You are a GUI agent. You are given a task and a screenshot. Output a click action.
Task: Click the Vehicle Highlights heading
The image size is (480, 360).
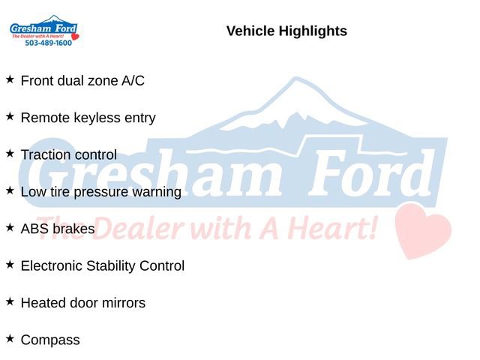pos(286,31)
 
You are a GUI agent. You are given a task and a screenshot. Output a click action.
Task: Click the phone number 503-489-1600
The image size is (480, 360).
pos(48,43)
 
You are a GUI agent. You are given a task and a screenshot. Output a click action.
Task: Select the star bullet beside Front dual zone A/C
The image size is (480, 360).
pos(10,79)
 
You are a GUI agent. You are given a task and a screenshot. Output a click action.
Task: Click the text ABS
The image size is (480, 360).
pos(34,229)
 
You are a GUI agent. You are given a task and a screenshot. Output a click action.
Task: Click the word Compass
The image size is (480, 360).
pos(50,340)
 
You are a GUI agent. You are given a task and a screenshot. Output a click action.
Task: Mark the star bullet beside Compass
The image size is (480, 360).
pos(10,338)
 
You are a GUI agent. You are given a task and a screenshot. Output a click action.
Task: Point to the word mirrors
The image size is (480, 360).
pos(123,303)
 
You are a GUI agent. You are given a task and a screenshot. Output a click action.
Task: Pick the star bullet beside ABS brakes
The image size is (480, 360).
pos(10,226)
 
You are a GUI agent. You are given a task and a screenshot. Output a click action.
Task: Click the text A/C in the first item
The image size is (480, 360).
pos(133,81)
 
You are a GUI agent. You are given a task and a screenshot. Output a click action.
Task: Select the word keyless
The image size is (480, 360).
pos(94,118)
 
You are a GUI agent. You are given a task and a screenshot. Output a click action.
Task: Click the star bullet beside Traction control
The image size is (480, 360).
pos(10,153)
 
